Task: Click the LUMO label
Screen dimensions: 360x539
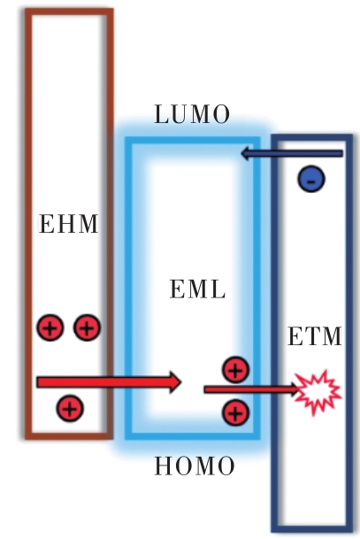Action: coord(192,114)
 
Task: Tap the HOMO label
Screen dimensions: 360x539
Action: coord(195,466)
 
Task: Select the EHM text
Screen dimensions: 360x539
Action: coord(69,224)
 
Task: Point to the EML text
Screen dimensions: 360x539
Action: coord(198,289)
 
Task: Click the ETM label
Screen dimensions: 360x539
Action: coord(315,335)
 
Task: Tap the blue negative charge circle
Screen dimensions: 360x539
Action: coord(311,179)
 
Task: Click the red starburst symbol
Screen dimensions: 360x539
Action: coord(318,392)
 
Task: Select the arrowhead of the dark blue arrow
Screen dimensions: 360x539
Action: coord(247,154)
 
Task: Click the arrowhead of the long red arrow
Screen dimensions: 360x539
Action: coord(174,382)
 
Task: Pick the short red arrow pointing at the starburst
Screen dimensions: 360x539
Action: coord(251,389)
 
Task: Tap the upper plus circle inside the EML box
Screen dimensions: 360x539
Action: coord(235,370)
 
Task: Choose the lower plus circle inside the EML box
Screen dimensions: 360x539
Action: coord(235,412)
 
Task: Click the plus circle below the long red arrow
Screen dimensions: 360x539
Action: coord(70,408)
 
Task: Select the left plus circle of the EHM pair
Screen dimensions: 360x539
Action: coord(50,327)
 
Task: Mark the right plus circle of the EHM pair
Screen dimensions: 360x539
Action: coord(87,327)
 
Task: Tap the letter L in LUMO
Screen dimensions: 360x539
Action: coord(162,114)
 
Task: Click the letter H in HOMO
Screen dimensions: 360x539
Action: coord(165,466)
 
